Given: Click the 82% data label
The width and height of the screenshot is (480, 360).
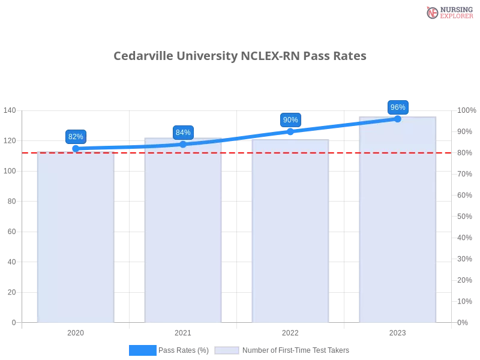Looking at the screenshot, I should pyautogui.click(x=76, y=136).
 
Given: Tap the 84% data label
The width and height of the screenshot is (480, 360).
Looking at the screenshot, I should pyautogui.click(x=183, y=133).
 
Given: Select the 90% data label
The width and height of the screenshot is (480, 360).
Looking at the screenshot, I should pyautogui.click(x=290, y=120).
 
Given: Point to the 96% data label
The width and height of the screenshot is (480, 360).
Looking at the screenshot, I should pyautogui.click(x=398, y=107).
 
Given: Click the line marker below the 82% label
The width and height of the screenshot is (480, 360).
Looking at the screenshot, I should pyautogui.click(x=76, y=147).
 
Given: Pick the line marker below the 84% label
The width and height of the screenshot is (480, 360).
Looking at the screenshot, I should pyautogui.click(x=183, y=144).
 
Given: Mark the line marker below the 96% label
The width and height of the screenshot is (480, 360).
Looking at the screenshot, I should pyautogui.click(x=397, y=119).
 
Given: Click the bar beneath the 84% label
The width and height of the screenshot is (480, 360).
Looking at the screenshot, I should pyautogui.click(x=183, y=234).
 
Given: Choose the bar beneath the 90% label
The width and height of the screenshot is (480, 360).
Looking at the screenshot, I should pyautogui.click(x=290, y=234).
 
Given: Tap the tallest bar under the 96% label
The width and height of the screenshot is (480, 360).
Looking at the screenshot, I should pyautogui.click(x=396, y=222).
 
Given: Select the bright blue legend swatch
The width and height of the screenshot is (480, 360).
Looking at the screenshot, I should pyautogui.click(x=143, y=350).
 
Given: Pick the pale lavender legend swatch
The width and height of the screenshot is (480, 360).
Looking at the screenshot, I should pyautogui.click(x=227, y=350).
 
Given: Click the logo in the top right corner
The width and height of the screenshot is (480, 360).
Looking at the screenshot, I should pyautogui.click(x=448, y=12).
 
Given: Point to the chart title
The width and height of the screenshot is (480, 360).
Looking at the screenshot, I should pyautogui.click(x=240, y=56).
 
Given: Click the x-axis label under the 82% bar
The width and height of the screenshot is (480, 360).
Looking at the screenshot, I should pyautogui.click(x=76, y=331).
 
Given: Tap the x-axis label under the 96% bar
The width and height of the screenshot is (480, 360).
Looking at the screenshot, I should pyautogui.click(x=397, y=331).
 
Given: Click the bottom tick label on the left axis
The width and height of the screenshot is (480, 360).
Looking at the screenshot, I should pyautogui.click(x=13, y=322).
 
